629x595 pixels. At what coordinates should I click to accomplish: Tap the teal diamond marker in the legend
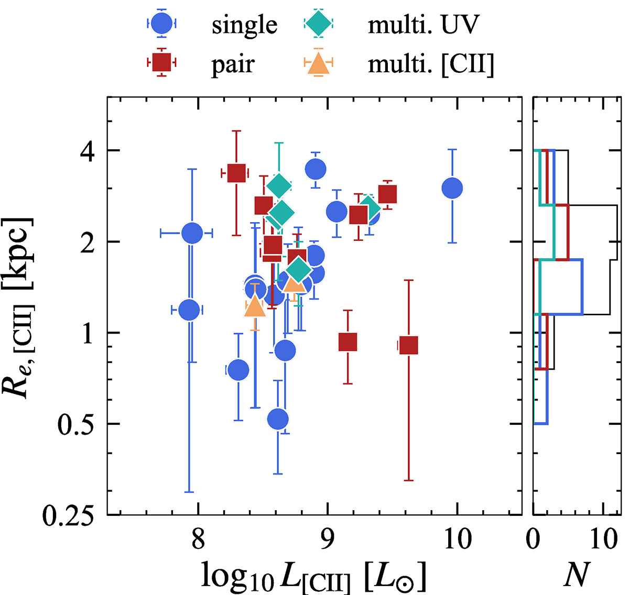click(x=318, y=24)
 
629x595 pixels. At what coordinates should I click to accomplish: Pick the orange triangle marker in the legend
click(x=318, y=64)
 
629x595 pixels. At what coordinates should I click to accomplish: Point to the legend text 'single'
click(x=244, y=25)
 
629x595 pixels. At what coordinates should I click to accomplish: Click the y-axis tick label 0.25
click(x=69, y=516)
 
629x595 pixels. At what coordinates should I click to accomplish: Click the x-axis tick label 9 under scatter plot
click(x=328, y=539)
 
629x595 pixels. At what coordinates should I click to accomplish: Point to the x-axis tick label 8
click(x=198, y=539)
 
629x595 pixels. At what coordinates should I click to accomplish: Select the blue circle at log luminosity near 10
click(x=452, y=188)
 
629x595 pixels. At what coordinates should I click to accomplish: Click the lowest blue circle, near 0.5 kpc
click(x=278, y=419)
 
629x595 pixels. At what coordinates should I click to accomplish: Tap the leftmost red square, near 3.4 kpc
click(x=237, y=173)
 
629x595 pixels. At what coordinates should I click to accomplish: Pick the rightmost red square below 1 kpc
click(x=408, y=346)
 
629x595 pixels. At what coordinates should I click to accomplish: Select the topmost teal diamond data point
click(x=279, y=185)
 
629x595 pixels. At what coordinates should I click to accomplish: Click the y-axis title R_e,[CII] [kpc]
click(x=23, y=307)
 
